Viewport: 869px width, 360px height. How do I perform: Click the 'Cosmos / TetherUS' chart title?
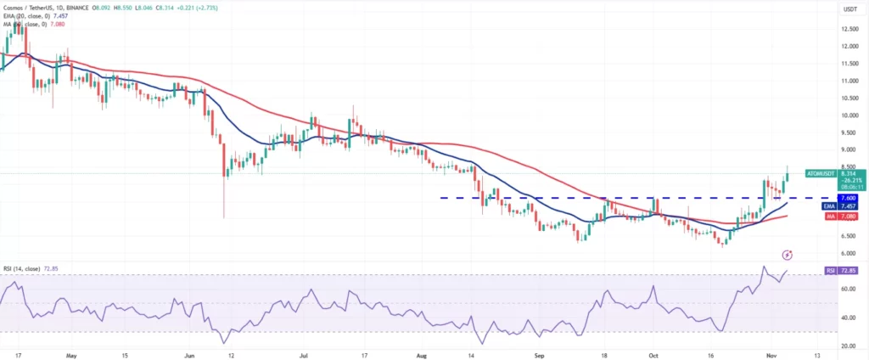[30, 8]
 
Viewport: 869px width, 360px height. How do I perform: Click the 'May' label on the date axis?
[71, 355]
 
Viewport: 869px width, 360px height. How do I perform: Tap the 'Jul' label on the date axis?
[303, 355]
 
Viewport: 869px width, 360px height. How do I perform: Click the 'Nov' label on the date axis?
[766, 355]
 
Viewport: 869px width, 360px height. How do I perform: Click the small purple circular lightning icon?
[788, 254]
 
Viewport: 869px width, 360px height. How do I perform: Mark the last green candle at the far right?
[787, 173]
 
